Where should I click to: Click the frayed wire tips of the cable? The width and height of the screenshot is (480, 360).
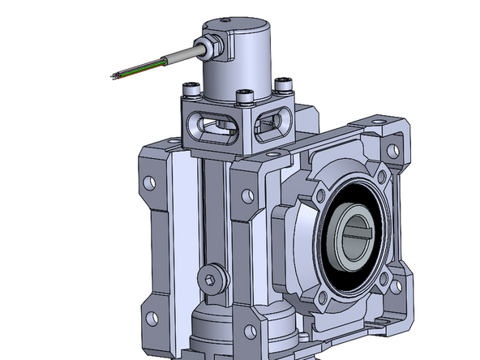[115, 75]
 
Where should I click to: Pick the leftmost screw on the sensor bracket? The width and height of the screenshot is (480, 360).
[188, 88]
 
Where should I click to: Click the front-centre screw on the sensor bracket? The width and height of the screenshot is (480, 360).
[242, 98]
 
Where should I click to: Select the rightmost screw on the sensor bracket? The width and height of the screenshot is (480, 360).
[284, 84]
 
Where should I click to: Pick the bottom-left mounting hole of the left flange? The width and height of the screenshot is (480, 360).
[150, 309]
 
